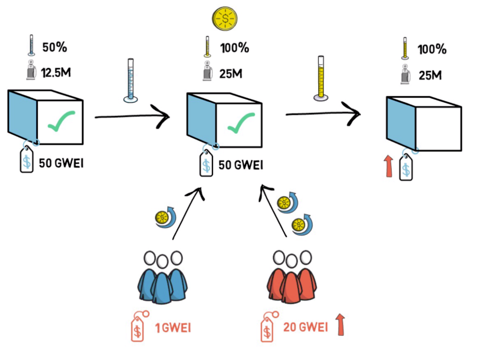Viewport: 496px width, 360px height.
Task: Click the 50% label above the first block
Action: click(x=54, y=48)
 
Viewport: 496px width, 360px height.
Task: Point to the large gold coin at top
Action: click(x=225, y=18)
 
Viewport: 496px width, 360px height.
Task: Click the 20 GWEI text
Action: click(x=305, y=327)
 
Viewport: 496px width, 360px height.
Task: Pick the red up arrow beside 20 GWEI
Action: click(x=339, y=324)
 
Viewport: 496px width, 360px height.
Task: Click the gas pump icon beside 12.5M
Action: click(x=32, y=71)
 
